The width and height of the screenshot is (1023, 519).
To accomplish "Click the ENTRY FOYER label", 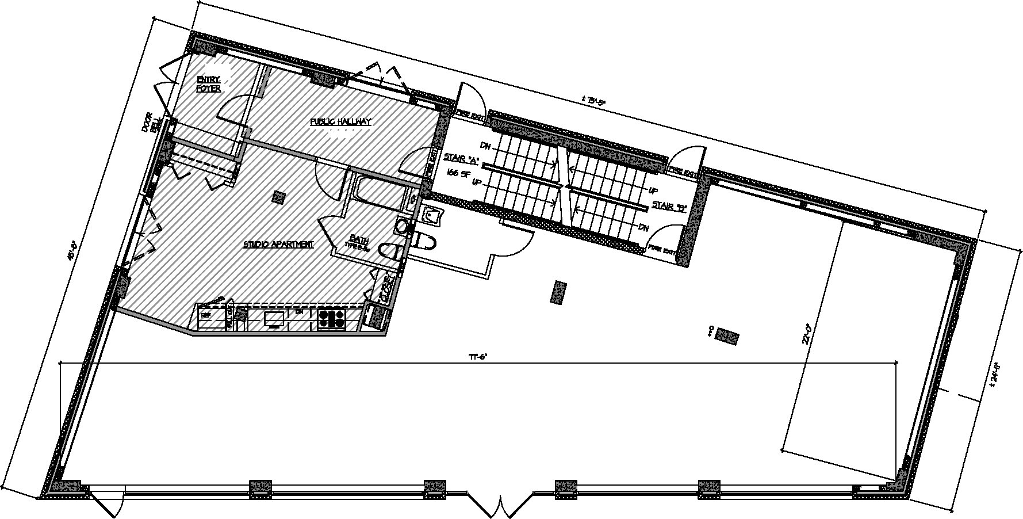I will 209,84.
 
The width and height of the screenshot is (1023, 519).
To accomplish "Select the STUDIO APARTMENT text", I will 279,245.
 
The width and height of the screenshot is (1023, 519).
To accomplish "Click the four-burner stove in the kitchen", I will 331,318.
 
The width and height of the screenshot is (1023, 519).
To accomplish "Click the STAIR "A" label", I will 462,158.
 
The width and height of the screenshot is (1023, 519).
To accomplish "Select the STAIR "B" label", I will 670,205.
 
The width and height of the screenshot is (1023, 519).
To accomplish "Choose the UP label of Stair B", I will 652,190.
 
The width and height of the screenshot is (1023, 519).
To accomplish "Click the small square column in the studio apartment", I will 279,197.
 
